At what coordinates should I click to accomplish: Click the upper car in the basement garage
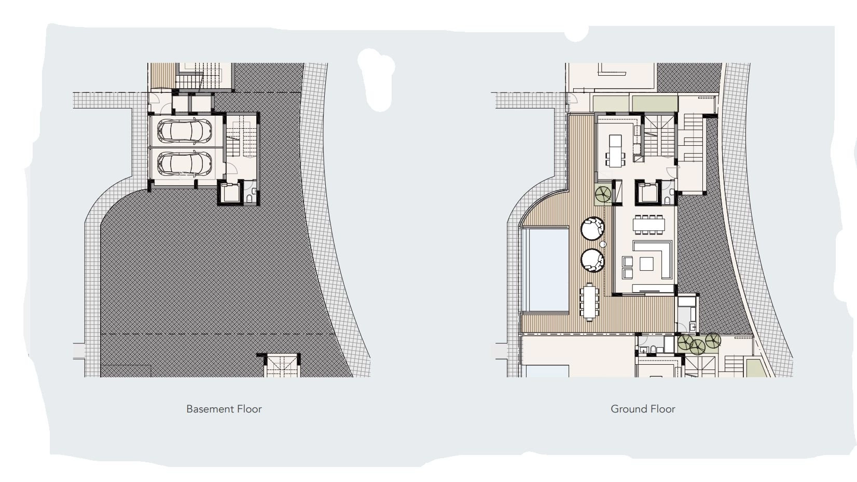point(185,130)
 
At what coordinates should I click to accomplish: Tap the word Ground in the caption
point(628,409)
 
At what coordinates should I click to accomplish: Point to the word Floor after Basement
point(249,409)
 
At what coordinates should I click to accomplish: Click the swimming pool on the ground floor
point(548,269)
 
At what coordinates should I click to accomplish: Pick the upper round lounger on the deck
point(592,228)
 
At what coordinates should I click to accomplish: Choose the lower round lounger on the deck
point(592,260)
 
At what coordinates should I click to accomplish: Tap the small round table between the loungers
point(603,244)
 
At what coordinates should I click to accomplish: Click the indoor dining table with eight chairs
point(648,224)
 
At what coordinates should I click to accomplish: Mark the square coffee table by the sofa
point(647,264)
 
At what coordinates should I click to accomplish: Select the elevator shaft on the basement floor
point(230,192)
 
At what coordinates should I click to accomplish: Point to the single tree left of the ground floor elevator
point(603,194)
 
